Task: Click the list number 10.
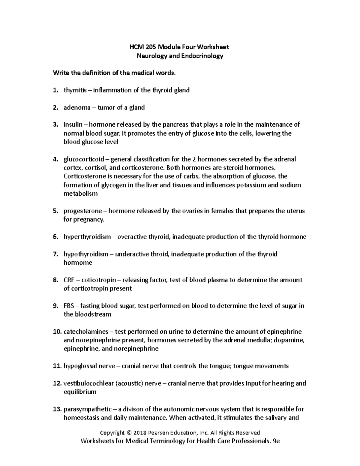pos(57,332)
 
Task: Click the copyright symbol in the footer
pos(129,433)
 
